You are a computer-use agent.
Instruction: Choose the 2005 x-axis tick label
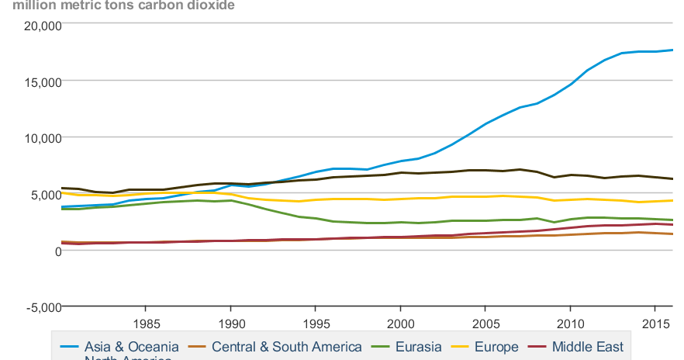tap(485, 323)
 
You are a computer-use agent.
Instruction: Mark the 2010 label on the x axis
tap(570, 323)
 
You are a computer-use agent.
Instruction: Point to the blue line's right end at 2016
tap(672, 50)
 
